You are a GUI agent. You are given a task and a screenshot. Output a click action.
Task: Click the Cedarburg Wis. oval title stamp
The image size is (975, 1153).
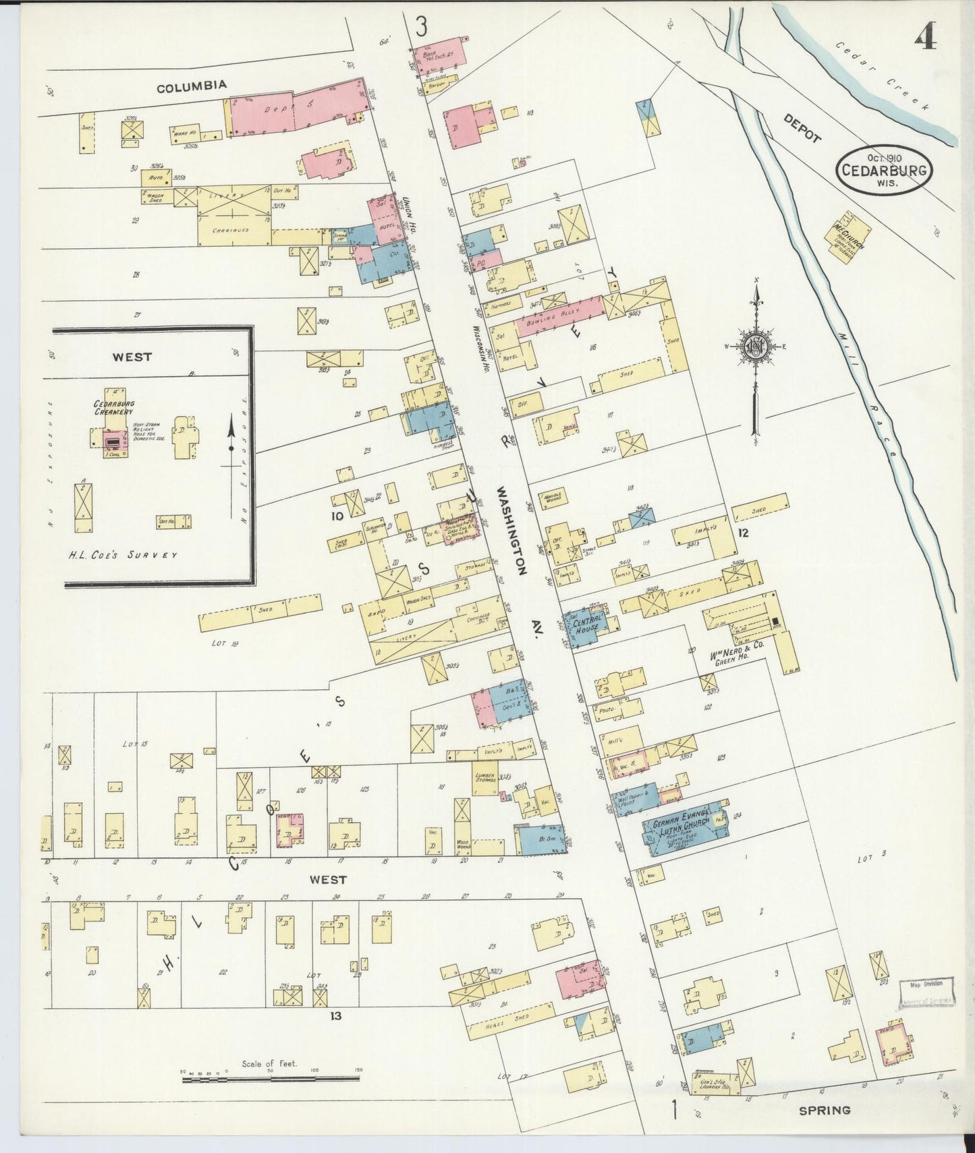tap(883, 169)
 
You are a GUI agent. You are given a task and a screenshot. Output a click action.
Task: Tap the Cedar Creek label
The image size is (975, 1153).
tap(883, 75)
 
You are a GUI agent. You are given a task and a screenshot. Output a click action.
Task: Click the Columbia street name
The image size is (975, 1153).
tap(192, 86)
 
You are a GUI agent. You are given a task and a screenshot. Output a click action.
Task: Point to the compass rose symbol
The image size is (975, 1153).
tap(756, 347)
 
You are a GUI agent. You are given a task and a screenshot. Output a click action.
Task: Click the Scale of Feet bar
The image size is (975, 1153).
tap(270, 1078)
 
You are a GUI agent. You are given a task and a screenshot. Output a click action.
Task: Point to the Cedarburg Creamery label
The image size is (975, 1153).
tap(113, 407)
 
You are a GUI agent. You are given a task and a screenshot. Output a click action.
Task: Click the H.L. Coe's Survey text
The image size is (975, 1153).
tap(123, 554)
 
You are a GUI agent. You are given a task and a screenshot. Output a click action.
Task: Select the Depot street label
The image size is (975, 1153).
tap(802, 127)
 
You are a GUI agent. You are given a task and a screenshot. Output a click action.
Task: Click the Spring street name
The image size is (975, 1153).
tap(825, 1109)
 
